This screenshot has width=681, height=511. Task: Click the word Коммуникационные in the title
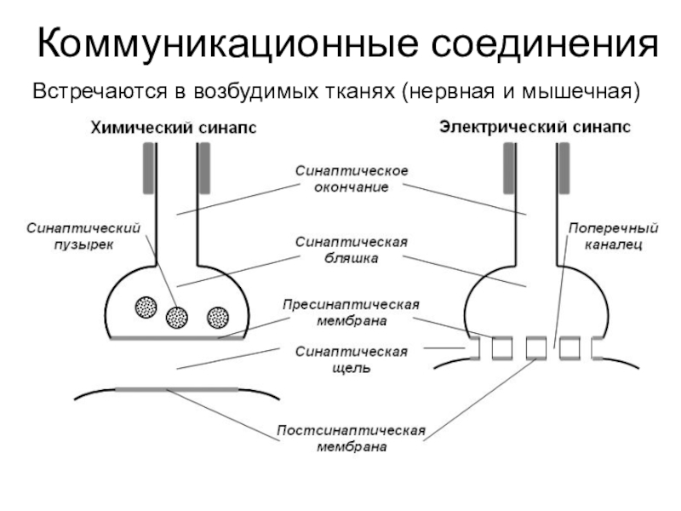point(228,44)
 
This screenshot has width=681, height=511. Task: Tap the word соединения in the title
point(545,43)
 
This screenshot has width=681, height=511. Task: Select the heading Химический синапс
point(174,128)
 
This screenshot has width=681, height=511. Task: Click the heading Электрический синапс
point(535,127)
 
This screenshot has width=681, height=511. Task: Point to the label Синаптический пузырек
point(83,236)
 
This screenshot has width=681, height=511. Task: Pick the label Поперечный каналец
point(613,236)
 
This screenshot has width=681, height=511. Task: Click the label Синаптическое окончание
point(352,179)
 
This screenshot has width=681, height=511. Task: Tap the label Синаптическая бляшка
point(352,250)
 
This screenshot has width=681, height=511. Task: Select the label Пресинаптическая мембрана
point(351,313)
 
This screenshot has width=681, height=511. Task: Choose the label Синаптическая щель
point(352,359)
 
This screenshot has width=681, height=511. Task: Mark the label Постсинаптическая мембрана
point(351,438)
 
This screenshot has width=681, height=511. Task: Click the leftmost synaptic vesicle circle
point(146,307)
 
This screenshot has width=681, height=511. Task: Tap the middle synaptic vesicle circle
point(177,317)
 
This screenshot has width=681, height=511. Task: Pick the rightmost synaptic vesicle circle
point(218,317)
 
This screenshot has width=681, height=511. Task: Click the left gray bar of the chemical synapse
point(148,168)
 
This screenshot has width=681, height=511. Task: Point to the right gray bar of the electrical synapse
point(564,168)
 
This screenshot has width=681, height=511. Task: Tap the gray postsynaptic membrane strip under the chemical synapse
point(177,389)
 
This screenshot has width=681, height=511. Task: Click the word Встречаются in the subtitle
point(100,92)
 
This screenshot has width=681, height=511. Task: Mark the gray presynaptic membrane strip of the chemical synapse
point(177,337)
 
